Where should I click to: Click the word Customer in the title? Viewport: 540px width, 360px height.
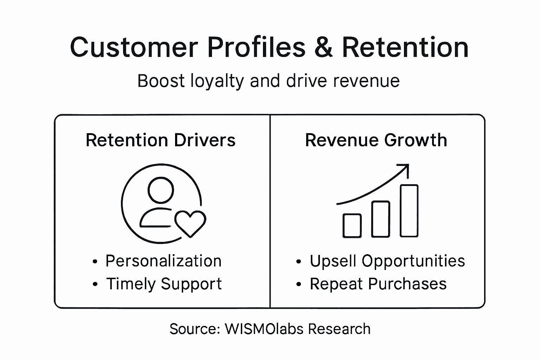tap(134, 47)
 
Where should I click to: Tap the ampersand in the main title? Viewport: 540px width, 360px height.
tap(323, 47)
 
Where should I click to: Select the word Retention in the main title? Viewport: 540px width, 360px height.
tap(405, 47)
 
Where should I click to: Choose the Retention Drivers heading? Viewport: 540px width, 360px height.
tap(160, 140)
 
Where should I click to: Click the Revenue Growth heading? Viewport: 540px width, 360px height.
tap(376, 140)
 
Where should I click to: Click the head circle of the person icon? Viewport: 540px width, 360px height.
tap(161, 190)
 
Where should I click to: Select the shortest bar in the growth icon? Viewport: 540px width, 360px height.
tap(352, 225)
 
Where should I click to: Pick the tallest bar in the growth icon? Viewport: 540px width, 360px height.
tap(409, 211)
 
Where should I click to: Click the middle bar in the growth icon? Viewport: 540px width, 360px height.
tap(381, 219)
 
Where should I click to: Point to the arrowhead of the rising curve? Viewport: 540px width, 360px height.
tap(405, 168)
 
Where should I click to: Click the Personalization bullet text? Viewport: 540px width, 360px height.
tap(163, 261)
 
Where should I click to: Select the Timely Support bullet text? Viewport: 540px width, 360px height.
tap(164, 284)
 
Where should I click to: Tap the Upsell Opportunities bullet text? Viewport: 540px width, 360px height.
tap(387, 261)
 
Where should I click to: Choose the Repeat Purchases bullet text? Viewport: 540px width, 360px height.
tap(378, 284)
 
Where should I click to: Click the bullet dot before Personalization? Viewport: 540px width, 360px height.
tap(95, 262)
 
